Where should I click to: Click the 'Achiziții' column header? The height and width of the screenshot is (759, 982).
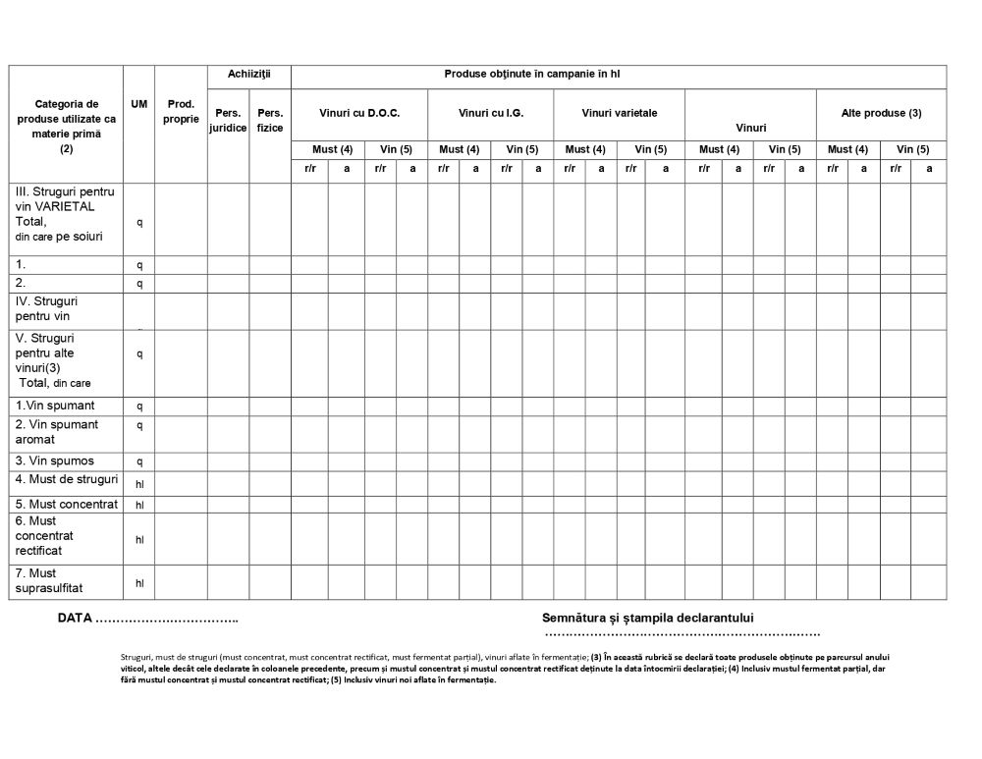pos(248,74)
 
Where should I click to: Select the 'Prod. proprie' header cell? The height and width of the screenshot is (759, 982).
pos(181,111)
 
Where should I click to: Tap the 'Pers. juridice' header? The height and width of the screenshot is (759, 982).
pos(228,120)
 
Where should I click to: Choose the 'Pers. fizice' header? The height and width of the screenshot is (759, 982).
pos(270,120)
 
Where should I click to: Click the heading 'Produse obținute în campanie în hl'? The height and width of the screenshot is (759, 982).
pos(531,74)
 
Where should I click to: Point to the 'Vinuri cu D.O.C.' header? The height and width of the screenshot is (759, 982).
pos(359,113)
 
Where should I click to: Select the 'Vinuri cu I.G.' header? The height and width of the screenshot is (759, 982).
pos(491,113)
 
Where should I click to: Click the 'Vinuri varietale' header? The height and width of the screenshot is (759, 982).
pos(619,113)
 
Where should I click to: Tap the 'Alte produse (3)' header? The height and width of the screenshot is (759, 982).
pos(881,113)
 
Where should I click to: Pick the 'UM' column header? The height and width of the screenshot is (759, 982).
pos(138,103)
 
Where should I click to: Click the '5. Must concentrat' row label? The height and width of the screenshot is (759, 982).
pos(67,504)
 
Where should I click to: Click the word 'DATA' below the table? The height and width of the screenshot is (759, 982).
pos(75,619)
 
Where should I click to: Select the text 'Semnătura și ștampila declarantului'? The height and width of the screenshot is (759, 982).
pos(647,618)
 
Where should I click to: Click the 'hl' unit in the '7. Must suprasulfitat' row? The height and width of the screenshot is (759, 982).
pos(139,583)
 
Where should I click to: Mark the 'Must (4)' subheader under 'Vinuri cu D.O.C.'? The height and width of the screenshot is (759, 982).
pos(332,149)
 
